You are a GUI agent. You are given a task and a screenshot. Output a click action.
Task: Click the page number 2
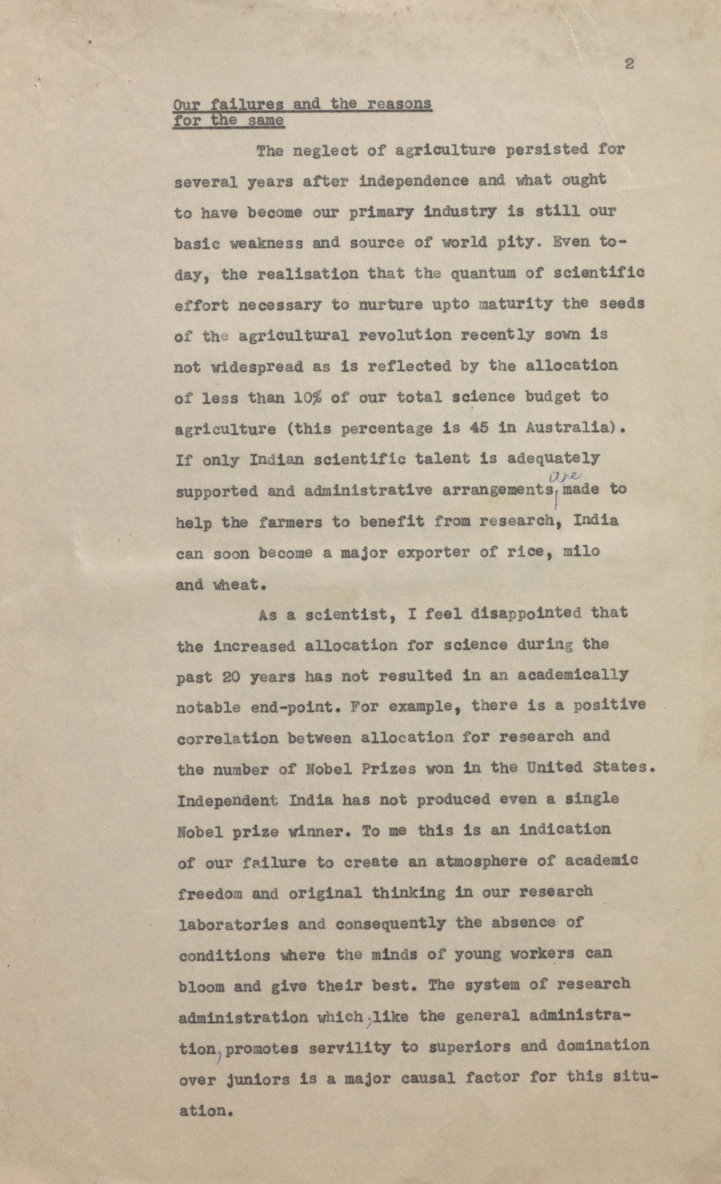[x=629, y=64]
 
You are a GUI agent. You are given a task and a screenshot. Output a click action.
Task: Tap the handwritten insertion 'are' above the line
[x=565, y=477]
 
